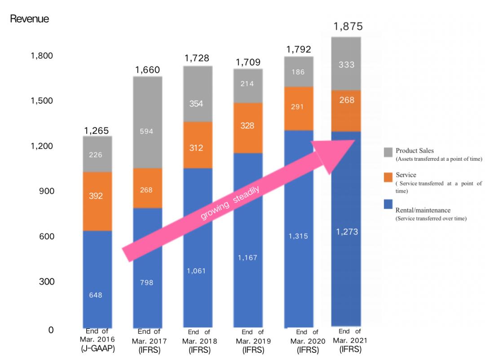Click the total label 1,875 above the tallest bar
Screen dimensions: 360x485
[348, 26]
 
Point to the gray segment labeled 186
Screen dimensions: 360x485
[298, 72]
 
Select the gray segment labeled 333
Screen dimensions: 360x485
[346, 64]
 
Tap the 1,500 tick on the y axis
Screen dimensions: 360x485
[42, 101]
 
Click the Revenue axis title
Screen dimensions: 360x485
[30, 19]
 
